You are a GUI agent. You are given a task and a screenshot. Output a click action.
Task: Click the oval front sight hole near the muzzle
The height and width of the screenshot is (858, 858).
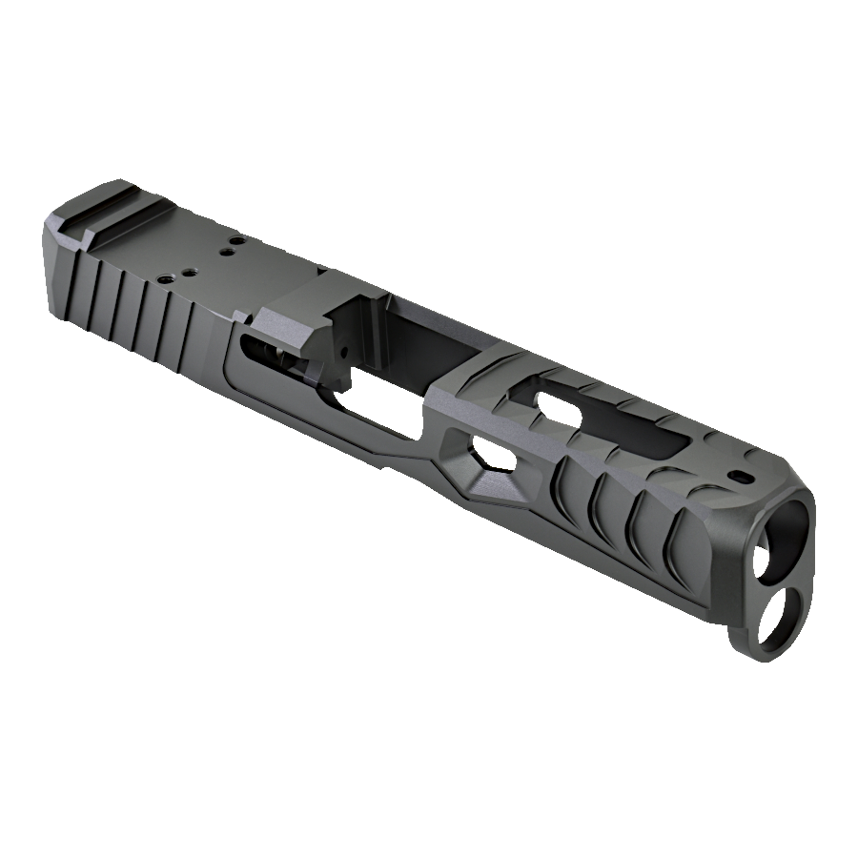pos(740,475)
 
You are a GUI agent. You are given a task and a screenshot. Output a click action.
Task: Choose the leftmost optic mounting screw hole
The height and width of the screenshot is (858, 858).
pos(166,278)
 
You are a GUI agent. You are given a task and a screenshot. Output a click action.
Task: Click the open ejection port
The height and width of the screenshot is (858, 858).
pos(400,357)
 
